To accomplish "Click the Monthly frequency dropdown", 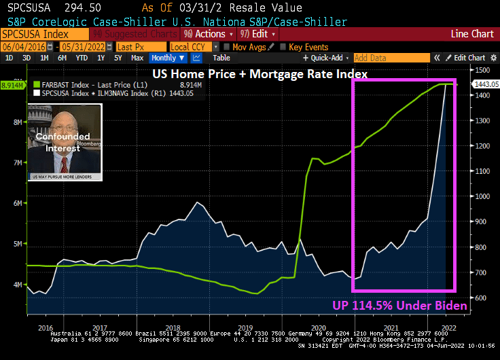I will click(167, 58).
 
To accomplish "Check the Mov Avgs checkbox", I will click(226, 47).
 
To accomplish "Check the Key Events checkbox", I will click(283, 47).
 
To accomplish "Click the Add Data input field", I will click(391, 58).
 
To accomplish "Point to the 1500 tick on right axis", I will click(482, 70).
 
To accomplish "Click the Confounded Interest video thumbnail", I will click(65, 143).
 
